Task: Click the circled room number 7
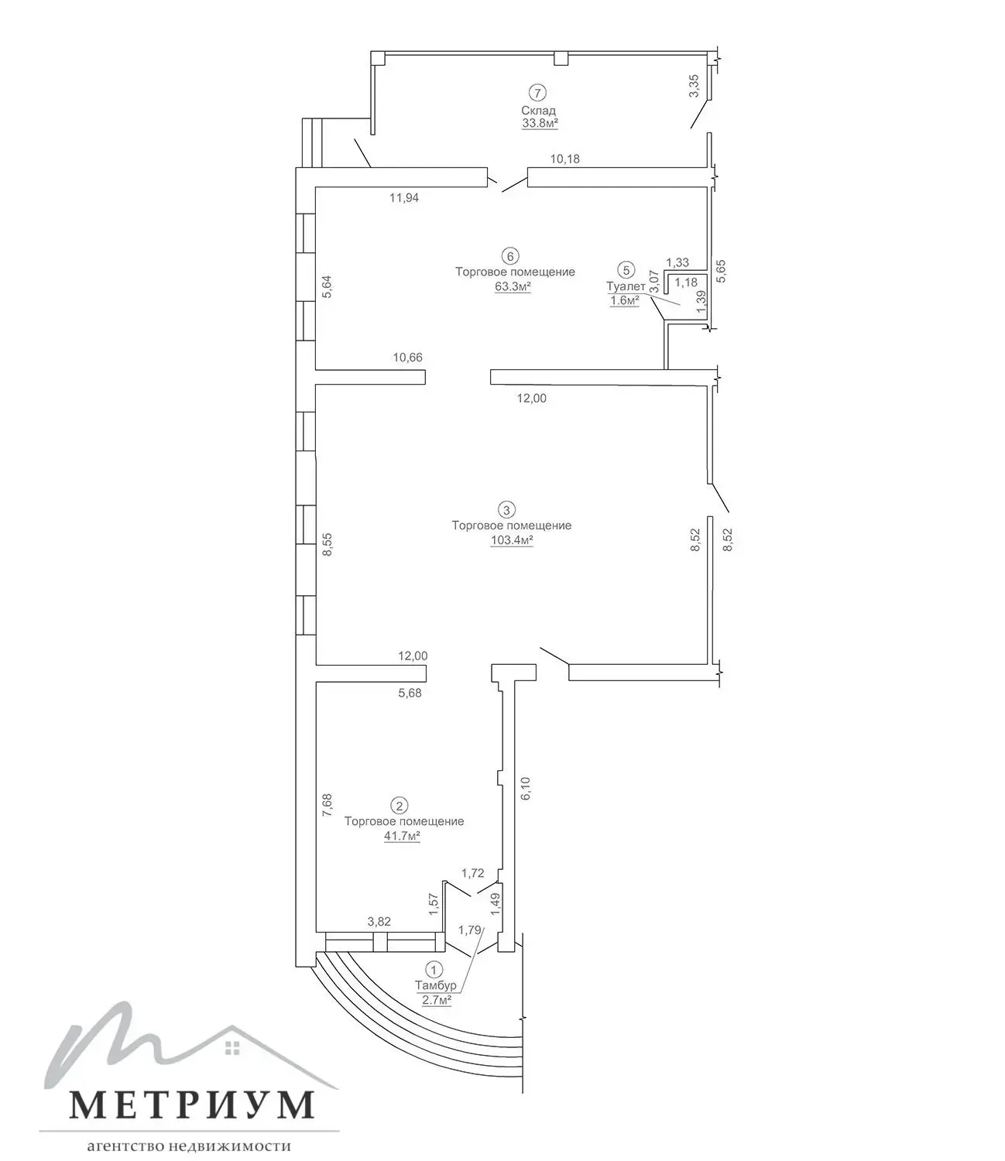coord(537,93)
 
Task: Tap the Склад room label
coord(538,111)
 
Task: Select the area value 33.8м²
coord(540,123)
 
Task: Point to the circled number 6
coord(510,257)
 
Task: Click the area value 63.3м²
coord(513,287)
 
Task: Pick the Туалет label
coord(626,286)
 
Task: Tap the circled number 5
coord(626,269)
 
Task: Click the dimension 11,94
coord(404,197)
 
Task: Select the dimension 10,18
coord(564,159)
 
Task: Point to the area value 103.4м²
coord(512,540)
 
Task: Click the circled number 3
coord(506,510)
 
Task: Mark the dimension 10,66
coord(407,358)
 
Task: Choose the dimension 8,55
coord(328,544)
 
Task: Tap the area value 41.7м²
coord(402,837)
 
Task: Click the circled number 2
coord(400,806)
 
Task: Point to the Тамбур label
coord(435,985)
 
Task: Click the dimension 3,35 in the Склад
coord(695,86)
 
